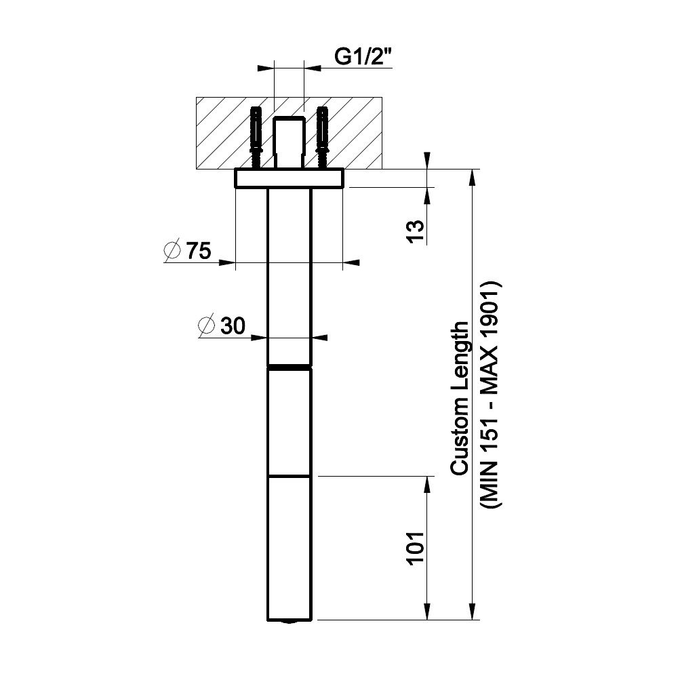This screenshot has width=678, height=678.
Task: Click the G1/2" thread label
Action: pyautogui.click(x=363, y=57)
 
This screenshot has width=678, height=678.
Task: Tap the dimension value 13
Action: pyautogui.click(x=416, y=231)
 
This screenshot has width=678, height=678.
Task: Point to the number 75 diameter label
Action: pyautogui.click(x=199, y=251)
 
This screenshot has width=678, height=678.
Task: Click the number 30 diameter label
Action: pyautogui.click(x=233, y=325)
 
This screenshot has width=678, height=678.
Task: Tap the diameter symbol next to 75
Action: pyautogui.click(x=172, y=250)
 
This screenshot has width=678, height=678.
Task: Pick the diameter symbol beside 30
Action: pyautogui.click(x=206, y=325)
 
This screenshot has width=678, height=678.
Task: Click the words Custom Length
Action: pyautogui.click(x=459, y=398)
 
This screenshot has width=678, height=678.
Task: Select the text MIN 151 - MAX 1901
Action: pyautogui.click(x=491, y=395)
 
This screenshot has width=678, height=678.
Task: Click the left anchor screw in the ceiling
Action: pyautogui.click(x=256, y=138)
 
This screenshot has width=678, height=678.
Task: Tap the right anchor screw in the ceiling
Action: pyautogui.click(x=323, y=138)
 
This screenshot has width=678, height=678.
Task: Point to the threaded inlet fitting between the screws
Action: pyautogui.click(x=290, y=142)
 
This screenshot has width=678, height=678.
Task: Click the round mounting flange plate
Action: pyautogui.click(x=290, y=178)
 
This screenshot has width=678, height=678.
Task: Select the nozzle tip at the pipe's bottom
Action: pyautogui.click(x=290, y=622)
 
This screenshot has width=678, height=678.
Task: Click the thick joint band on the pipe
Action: pyautogui.click(x=290, y=367)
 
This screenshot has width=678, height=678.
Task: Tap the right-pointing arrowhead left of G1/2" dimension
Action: pyautogui.click(x=266, y=68)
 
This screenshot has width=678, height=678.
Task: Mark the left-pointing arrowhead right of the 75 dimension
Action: pyautogui.click(x=351, y=262)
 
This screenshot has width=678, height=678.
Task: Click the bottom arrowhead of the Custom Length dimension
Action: pyautogui.click(x=473, y=612)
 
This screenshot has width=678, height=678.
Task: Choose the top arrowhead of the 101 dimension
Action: pyautogui.click(x=427, y=485)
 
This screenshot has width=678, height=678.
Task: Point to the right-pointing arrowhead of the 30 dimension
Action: pyautogui.click(x=260, y=337)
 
